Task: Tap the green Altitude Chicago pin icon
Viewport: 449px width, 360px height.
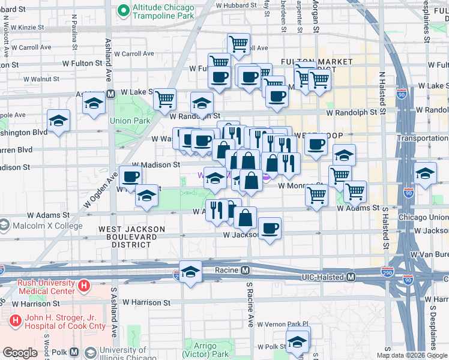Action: point(124,10)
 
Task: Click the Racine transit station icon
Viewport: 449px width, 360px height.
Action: point(246,271)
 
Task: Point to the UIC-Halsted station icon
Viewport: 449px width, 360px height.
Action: point(351,277)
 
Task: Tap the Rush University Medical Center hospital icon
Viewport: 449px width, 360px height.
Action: point(84,287)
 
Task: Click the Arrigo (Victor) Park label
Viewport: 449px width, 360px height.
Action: point(213,350)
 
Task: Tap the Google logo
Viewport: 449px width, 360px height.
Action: point(20,353)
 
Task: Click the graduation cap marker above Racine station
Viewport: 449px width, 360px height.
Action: point(190,272)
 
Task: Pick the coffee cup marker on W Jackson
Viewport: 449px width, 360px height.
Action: point(270,229)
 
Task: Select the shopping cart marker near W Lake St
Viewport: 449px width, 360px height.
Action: point(164,99)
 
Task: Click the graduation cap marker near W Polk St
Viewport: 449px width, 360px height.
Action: point(297,342)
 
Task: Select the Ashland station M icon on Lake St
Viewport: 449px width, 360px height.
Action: point(110,94)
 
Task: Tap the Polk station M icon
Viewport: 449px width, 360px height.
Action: point(74,352)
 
